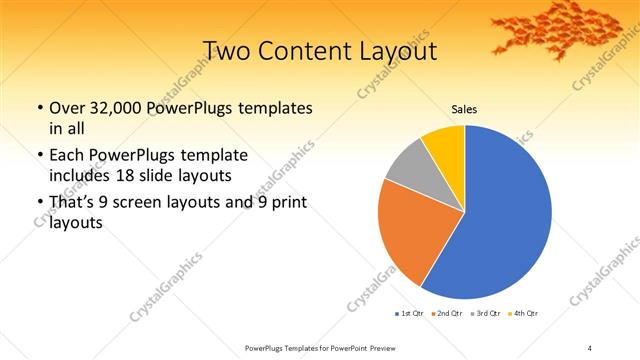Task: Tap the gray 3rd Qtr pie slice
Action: pos(409,170)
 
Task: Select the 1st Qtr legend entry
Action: pos(411,314)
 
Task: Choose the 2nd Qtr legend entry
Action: pos(449,314)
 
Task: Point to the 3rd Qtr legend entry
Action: pos(487,314)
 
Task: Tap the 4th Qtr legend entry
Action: pos(525,314)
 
